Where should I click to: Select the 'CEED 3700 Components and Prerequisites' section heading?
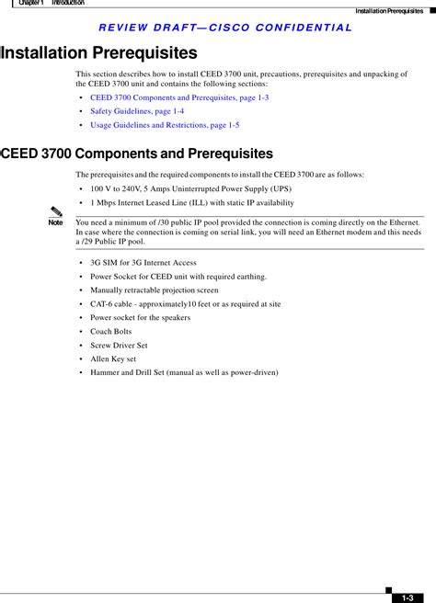point(137,154)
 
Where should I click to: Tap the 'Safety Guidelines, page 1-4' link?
point(137,110)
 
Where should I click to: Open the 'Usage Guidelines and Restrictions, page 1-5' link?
point(165,124)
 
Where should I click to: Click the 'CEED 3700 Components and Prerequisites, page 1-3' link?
point(179,97)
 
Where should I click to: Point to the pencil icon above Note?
point(57,214)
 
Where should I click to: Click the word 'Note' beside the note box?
point(56,223)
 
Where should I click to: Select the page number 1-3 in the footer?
point(407,597)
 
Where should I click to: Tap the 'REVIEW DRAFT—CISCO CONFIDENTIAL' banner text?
point(224,28)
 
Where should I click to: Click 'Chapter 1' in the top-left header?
point(31,4)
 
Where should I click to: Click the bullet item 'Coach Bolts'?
point(110,331)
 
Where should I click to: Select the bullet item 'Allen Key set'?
point(113,358)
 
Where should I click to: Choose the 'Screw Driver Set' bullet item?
point(119,345)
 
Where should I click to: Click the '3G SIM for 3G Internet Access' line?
point(143,262)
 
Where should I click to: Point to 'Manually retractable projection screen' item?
point(155,290)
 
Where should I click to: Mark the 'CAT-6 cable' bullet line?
point(185,303)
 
